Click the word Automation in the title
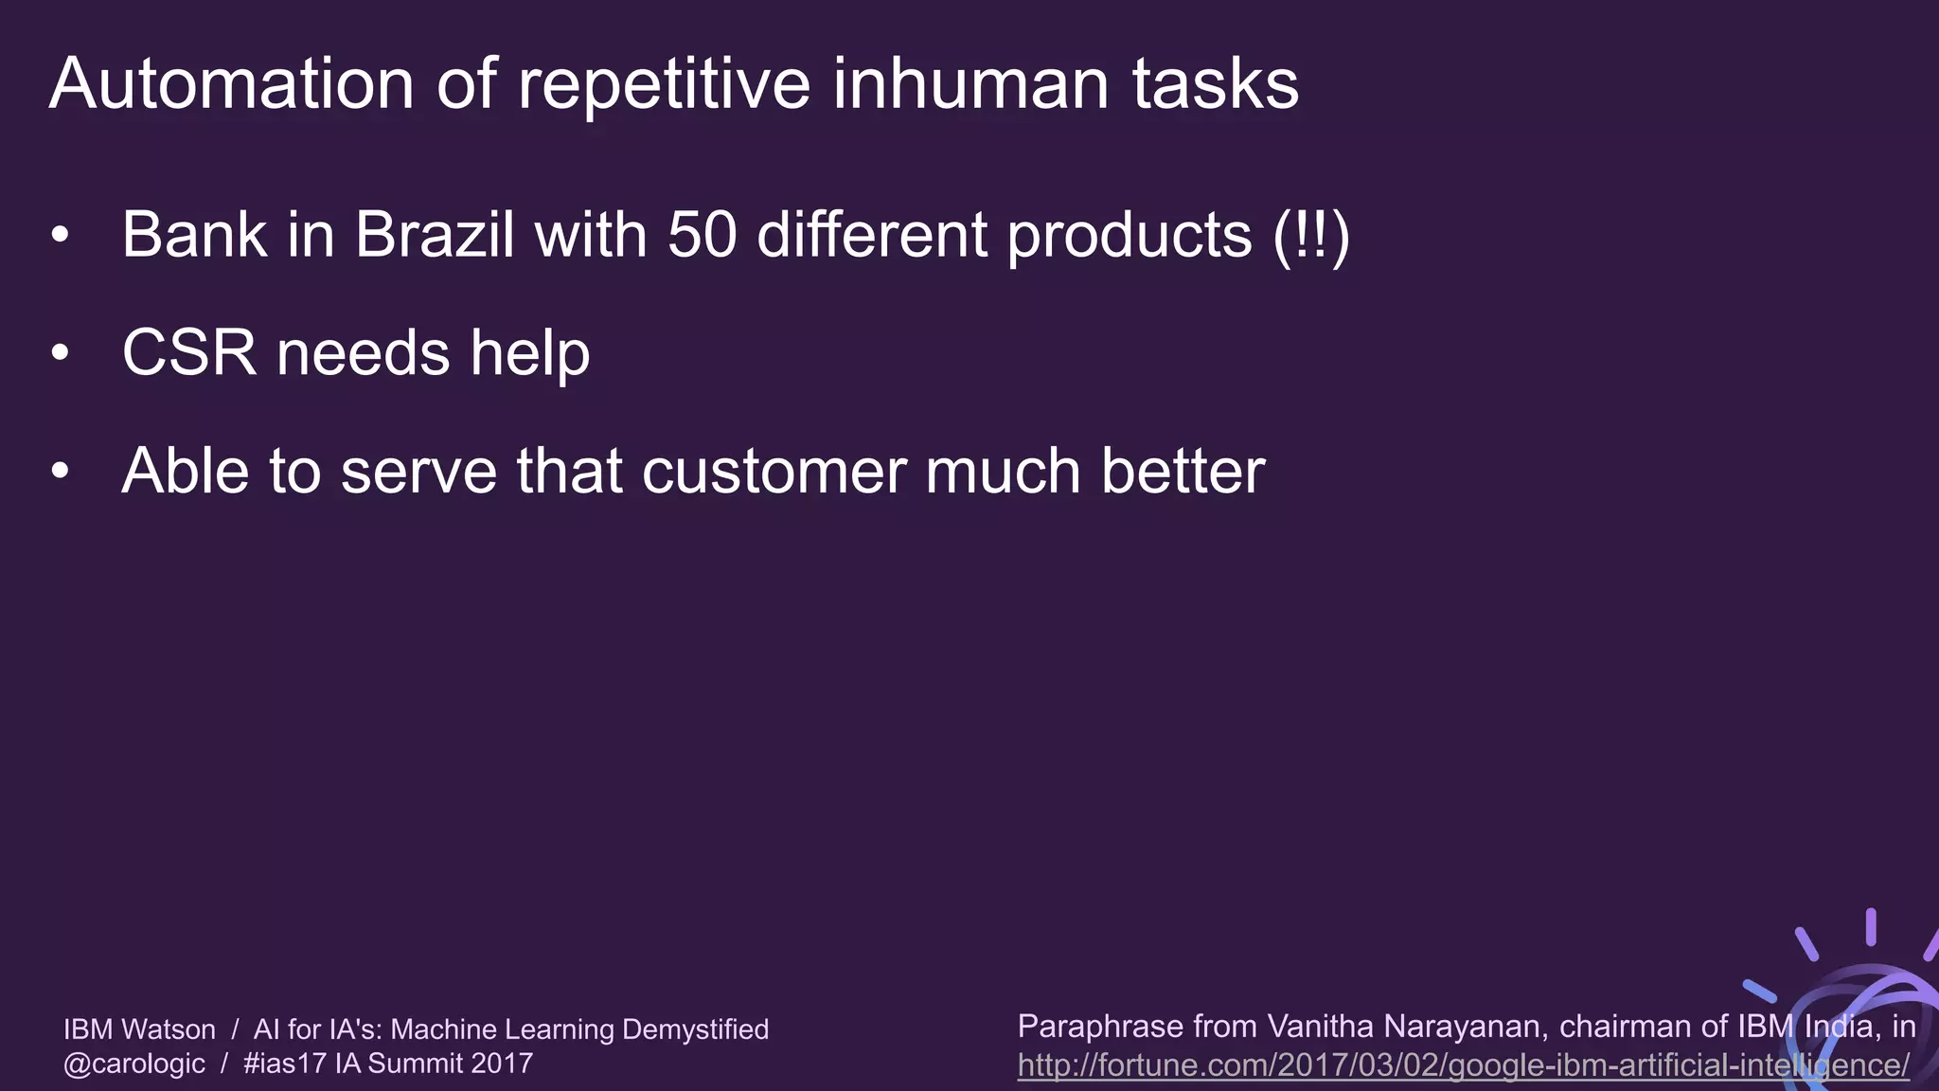pos(231,84)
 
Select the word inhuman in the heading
pos(970,84)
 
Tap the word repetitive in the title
pos(664,84)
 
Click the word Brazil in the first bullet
pos(435,234)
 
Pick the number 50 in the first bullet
pos(702,234)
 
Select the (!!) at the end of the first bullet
pos(1311,235)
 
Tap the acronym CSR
pos(189,353)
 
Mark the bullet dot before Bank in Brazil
pos(61,235)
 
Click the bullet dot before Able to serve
pos(61,471)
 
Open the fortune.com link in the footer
pos(1463,1065)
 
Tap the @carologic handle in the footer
pos(134,1064)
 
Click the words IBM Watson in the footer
pos(139,1029)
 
